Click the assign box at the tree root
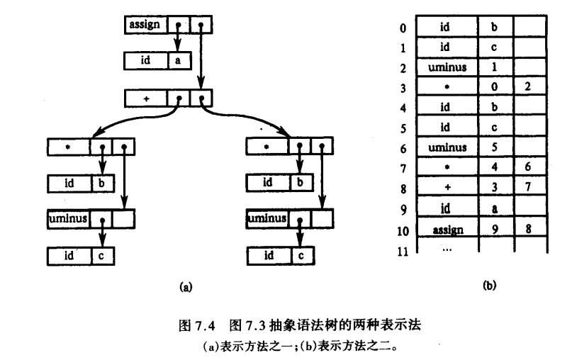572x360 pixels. (x=146, y=26)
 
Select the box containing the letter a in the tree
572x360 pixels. (x=178, y=61)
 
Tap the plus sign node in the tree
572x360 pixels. (x=146, y=99)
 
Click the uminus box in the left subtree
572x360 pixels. (x=69, y=219)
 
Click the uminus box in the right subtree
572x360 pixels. (x=267, y=219)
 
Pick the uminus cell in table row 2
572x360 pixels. (x=447, y=69)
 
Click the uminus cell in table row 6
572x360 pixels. (x=447, y=149)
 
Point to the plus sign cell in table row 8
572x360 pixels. (x=447, y=189)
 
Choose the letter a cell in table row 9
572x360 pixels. (x=496, y=210)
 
